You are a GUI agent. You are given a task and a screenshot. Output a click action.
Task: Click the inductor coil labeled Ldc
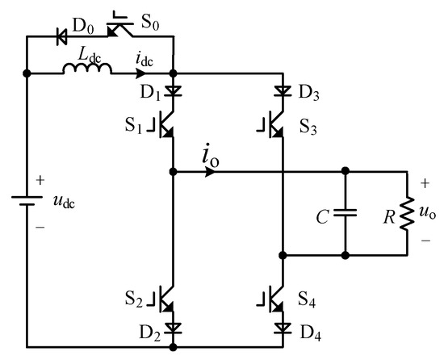pyautogui.click(x=89, y=72)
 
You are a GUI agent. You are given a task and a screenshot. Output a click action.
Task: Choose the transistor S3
pyautogui.click(x=275, y=122)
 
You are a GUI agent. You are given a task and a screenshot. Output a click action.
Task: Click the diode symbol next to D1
pyautogui.click(x=174, y=91)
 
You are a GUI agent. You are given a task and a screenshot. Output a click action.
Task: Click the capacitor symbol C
pyautogui.click(x=346, y=214)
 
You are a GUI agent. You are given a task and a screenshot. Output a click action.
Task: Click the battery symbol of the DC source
pyautogui.click(x=27, y=199)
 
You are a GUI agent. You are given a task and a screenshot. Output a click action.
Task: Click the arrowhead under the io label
pyautogui.click(x=210, y=172)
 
